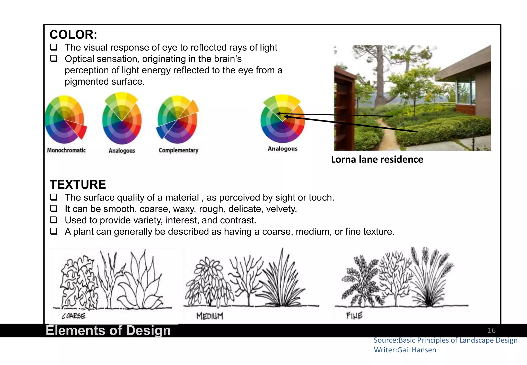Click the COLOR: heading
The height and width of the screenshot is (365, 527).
73,34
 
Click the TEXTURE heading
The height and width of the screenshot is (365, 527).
78,185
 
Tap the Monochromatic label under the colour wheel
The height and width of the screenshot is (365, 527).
66,150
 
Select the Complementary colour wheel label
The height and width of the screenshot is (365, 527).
178,150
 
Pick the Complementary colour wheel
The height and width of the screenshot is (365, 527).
178,120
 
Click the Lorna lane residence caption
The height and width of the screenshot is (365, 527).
377,160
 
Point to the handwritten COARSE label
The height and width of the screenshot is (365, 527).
74,316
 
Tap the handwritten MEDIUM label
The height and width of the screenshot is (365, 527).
210,316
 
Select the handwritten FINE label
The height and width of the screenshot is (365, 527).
354,316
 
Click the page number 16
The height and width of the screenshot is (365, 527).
491,331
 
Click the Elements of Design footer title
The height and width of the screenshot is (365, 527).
108,331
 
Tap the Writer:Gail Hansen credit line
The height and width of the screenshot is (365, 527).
405,350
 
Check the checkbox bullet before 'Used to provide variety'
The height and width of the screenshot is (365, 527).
54,220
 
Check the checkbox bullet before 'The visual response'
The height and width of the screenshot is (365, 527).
54,47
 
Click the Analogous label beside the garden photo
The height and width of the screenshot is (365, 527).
283,149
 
